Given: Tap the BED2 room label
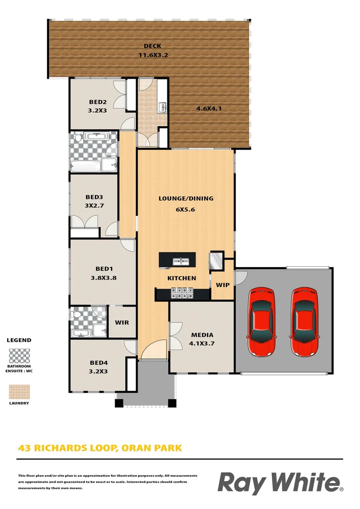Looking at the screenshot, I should coord(98,102).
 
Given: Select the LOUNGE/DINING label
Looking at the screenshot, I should coord(186,198).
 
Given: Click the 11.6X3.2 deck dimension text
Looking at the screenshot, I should coord(153,55).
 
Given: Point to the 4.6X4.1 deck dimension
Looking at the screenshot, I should coord(209,108).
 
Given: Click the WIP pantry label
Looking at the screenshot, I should coord(222,285).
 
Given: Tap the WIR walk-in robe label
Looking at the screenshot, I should coord(123,323).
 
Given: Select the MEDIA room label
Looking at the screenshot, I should coord(202,335).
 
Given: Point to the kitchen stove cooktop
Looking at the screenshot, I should coord(182,293).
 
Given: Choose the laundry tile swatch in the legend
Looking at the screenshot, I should coord(19,392).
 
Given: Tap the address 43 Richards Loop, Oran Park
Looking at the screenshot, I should coord(99,448).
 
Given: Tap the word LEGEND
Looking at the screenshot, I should coord(19,340).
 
